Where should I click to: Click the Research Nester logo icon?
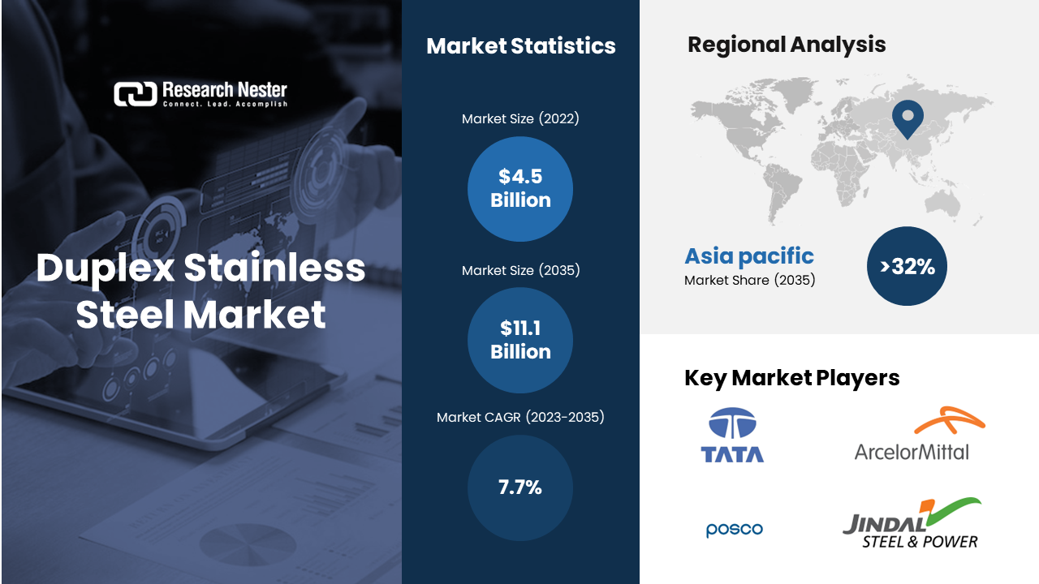136,94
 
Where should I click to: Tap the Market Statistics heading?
521,46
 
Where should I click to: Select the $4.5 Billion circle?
520,189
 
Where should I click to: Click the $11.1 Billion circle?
520,340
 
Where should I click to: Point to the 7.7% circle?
520,487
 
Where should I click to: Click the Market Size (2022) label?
520,118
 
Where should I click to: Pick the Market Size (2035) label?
520,270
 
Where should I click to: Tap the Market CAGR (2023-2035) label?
520,417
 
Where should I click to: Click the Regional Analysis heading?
787,45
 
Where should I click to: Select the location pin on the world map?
908,119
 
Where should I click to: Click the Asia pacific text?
749,256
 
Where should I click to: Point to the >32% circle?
907,266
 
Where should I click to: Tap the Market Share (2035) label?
749,280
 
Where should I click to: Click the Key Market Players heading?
791,378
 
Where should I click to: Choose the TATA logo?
732,436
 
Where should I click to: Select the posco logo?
735,530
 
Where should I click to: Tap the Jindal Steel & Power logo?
912,523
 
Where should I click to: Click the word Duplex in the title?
106,268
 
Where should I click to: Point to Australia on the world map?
942,205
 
